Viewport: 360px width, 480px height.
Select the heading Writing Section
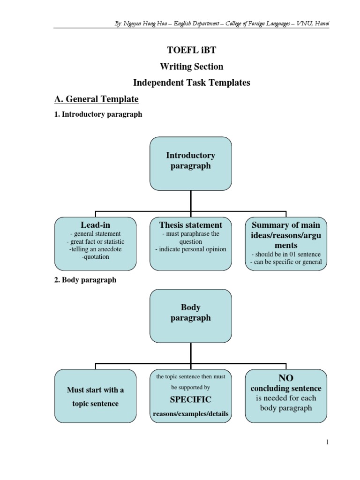click(191, 67)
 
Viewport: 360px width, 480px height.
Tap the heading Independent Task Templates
click(191, 82)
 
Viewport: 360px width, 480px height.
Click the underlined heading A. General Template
click(97, 99)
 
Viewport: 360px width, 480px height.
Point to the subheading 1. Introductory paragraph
click(98, 114)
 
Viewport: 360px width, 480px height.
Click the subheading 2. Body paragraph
click(86, 280)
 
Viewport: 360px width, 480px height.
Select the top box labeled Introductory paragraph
click(191, 160)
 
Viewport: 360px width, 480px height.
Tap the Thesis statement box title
click(191, 225)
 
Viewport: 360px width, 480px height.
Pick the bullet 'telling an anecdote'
click(96, 249)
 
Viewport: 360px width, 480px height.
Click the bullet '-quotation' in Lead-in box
click(95, 256)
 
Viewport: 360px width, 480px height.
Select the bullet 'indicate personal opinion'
click(191, 249)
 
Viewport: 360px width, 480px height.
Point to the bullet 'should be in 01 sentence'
click(285, 254)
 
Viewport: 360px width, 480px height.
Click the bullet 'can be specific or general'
click(285, 262)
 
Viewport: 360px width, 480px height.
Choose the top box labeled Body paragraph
click(191, 313)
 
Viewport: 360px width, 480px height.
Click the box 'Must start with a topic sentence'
click(96, 397)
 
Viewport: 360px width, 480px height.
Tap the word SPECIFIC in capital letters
click(191, 399)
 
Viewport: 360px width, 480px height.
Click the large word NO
click(285, 378)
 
